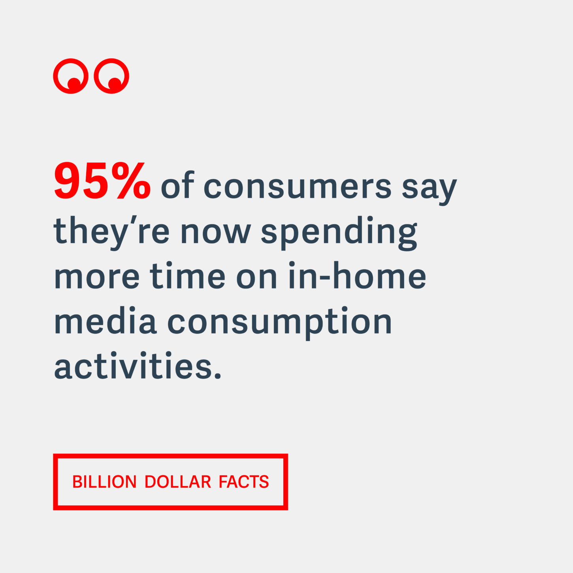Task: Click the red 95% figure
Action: point(102,181)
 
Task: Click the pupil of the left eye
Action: point(74,84)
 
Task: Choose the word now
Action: point(216,232)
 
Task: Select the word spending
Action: point(339,233)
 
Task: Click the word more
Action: point(97,277)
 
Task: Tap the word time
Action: point(188,275)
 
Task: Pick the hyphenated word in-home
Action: point(357,275)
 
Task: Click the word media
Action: point(105,320)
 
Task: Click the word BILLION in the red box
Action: point(104,482)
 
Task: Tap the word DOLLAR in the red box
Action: point(177,482)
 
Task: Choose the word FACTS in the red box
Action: point(244,482)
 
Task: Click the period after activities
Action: point(218,375)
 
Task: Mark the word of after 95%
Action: point(177,185)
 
